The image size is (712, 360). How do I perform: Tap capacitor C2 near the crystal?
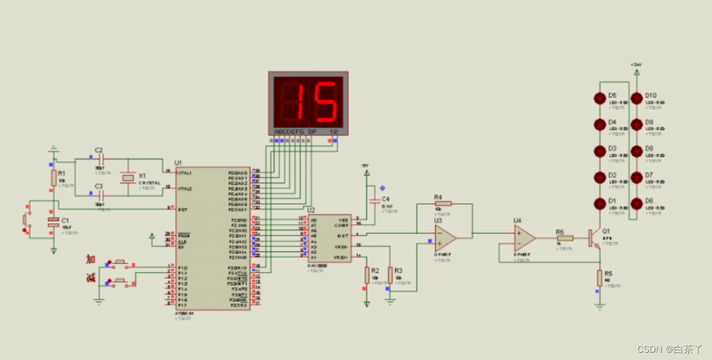101,159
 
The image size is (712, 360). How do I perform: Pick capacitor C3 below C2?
101,195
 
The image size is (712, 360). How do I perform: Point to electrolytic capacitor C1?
53,224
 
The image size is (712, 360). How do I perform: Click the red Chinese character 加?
90,259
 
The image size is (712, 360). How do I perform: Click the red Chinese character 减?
90,278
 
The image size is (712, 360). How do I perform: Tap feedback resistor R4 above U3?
444,203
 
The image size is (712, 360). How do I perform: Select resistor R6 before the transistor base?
565,238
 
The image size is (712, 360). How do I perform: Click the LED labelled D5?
599,98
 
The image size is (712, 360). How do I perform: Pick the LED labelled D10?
636,98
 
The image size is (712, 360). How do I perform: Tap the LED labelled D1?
599,204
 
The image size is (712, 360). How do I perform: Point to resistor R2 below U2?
367,274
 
